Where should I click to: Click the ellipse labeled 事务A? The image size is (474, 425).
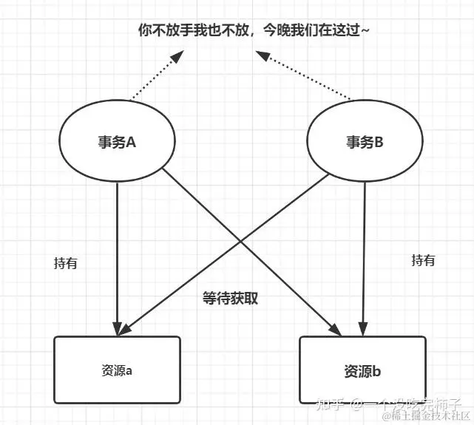pyautogui.click(x=117, y=143)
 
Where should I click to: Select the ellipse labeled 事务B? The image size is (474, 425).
pyautogui.click(x=365, y=142)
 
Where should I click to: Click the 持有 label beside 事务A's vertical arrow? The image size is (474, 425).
pyautogui.click(x=66, y=263)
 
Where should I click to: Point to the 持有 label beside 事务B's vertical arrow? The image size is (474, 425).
pyautogui.click(x=423, y=260)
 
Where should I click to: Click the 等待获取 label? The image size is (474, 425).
pyautogui.click(x=230, y=299)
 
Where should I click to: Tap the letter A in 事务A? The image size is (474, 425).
pyautogui.click(x=132, y=143)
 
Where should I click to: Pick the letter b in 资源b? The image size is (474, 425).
pyautogui.click(x=376, y=371)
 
